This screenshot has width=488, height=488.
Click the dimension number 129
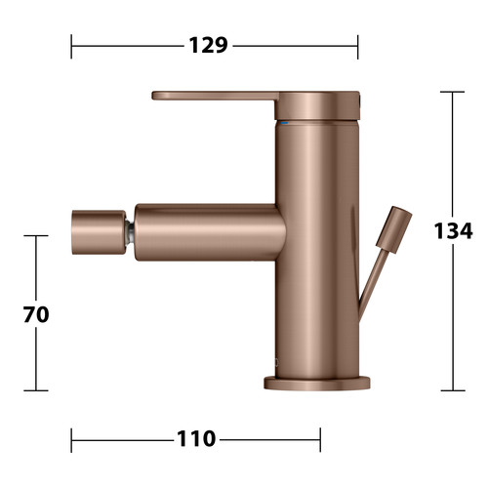[208, 45]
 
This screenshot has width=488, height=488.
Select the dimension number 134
[453, 230]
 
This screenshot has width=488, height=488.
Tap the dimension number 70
[36, 314]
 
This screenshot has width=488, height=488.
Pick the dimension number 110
[196, 439]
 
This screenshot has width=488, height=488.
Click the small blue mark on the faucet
[285, 123]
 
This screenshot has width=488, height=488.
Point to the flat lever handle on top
[215, 96]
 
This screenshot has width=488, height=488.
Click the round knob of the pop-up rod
[394, 229]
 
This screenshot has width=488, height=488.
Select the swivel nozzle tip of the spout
[99, 232]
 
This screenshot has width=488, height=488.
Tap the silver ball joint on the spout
[130, 232]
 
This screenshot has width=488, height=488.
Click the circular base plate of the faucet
[317, 384]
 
